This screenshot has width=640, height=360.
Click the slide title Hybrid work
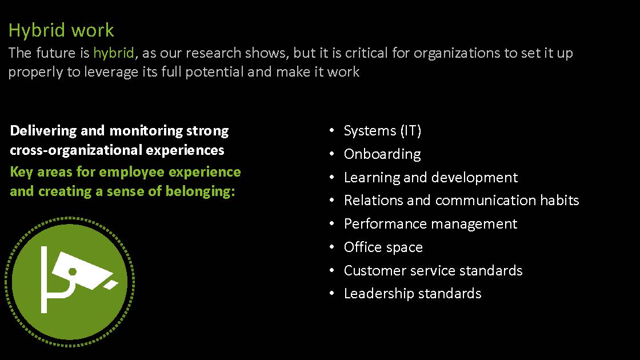click(x=61, y=31)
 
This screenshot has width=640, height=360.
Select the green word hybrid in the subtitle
click(x=114, y=53)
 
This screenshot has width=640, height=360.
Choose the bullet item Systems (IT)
click(x=382, y=131)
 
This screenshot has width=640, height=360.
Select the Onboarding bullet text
click(x=382, y=154)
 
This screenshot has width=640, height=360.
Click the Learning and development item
click(x=431, y=178)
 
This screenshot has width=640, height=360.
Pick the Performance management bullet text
click(x=431, y=224)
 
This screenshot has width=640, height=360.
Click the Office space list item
click(x=383, y=247)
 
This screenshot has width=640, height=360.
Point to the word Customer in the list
click(x=375, y=271)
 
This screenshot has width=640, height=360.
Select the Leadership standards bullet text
click(x=413, y=294)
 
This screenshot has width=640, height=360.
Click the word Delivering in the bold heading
click(x=43, y=131)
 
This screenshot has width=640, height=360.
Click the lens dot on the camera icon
click(x=73, y=271)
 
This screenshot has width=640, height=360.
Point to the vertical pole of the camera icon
click(x=44, y=279)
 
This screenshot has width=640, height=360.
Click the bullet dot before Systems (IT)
click(x=332, y=130)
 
